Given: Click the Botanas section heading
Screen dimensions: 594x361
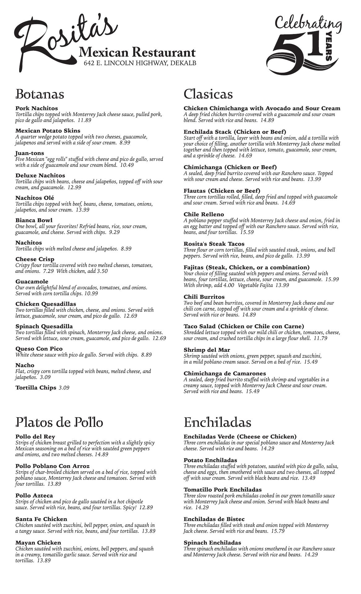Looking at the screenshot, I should click(40, 94).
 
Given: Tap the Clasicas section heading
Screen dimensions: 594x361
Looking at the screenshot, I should click(208, 94).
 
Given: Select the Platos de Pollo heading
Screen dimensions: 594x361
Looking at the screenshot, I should click(59, 422).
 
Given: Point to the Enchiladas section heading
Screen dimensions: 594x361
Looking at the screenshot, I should click(217, 422).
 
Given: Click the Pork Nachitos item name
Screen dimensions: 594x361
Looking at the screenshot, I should click(37, 108).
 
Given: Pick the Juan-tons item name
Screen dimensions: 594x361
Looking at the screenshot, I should click(30, 153).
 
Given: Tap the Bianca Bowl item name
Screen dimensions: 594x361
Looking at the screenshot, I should click(34, 220).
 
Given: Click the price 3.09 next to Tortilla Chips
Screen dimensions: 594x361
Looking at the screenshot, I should click(64, 388).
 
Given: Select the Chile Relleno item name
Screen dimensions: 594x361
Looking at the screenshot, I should click(204, 214).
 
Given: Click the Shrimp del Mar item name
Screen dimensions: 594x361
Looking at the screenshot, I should click(207, 350).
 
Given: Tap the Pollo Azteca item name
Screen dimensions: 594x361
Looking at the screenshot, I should click(34, 496).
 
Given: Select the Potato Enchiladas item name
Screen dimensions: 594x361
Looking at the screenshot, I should click(210, 460).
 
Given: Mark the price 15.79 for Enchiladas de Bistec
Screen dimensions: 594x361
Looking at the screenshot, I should click(278, 531).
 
